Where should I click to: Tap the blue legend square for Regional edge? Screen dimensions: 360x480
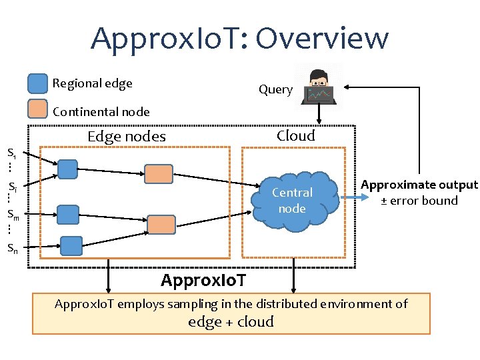(x=38, y=83)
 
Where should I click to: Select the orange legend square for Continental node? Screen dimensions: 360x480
(x=38, y=109)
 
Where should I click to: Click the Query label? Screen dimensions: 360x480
(x=275, y=89)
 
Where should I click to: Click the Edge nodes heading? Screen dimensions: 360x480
(x=127, y=137)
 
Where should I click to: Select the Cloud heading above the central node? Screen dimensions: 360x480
(x=295, y=136)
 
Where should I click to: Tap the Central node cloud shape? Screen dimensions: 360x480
(x=292, y=200)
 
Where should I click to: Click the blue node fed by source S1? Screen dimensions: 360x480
(x=67, y=169)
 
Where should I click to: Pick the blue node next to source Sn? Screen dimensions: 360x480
(x=71, y=246)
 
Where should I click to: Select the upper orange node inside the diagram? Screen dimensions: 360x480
(x=159, y=174)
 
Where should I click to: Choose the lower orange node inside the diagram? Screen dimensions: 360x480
(x=161, y=225)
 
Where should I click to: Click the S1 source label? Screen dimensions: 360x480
(x=12, y=151)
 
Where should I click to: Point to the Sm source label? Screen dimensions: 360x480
(x=13, y=214)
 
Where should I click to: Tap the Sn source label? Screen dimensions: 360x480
(x=12, y=248)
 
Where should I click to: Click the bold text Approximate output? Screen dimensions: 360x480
(x=419, y=185)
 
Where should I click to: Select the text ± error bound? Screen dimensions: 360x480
(x=419, y=201)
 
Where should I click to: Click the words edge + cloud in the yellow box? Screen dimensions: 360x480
(x=231, y=321)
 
